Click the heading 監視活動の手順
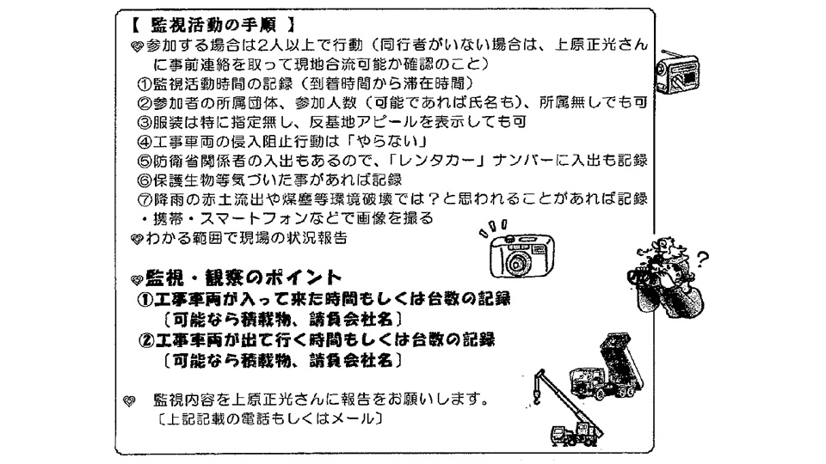click(213, 25)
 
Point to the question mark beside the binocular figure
click(702, 259)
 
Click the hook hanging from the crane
click(537, 399)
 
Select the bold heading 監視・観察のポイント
click(243, 278)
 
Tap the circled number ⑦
click(145, 199)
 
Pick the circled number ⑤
click(145, 161)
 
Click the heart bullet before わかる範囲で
click(137, 240)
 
